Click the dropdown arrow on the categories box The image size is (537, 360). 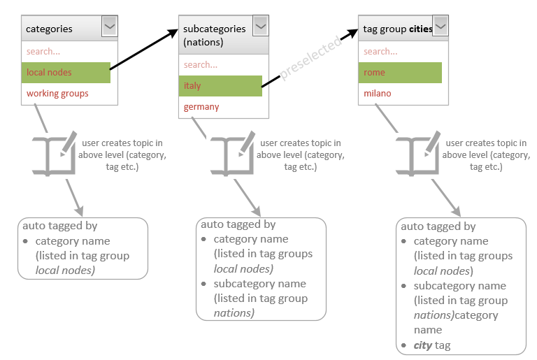pyautogui.click(x=110, y=26)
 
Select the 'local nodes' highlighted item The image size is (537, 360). pyautogui.click(x=66, y=73)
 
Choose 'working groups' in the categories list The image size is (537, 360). pyautogui.click(x=57, y=94)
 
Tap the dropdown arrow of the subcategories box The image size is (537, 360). pyautogui.click(x=261, y=26)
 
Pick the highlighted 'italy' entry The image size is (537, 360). pyautogui.click(x=220, y=86)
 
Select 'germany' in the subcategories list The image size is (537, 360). pyautogui.click(x=201, y=107)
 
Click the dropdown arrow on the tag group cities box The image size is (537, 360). pyautogui.click(x=441, y=26)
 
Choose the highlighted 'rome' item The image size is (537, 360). pyautogui.click(x=400, y=73)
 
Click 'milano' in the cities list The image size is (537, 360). pyautogui.click(x=377, y=94)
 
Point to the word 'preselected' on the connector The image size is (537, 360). pyautogui.click(x=310, y=57)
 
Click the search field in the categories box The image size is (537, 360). pyautogui.click(x=69, y=52)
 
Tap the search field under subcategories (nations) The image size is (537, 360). pyautogui.click(x=223, y=65)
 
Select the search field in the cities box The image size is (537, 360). pyautogui.click(x=403, y=52)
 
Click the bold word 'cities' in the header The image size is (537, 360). pyautogui.click(x=420, y=29)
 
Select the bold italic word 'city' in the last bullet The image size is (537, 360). pyautogui.click(x=422, y=345)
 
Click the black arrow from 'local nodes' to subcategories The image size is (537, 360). pyautogui.click(x=144, y=50)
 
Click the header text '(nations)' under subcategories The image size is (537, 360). pyautogui.click(x=203, y=43)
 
